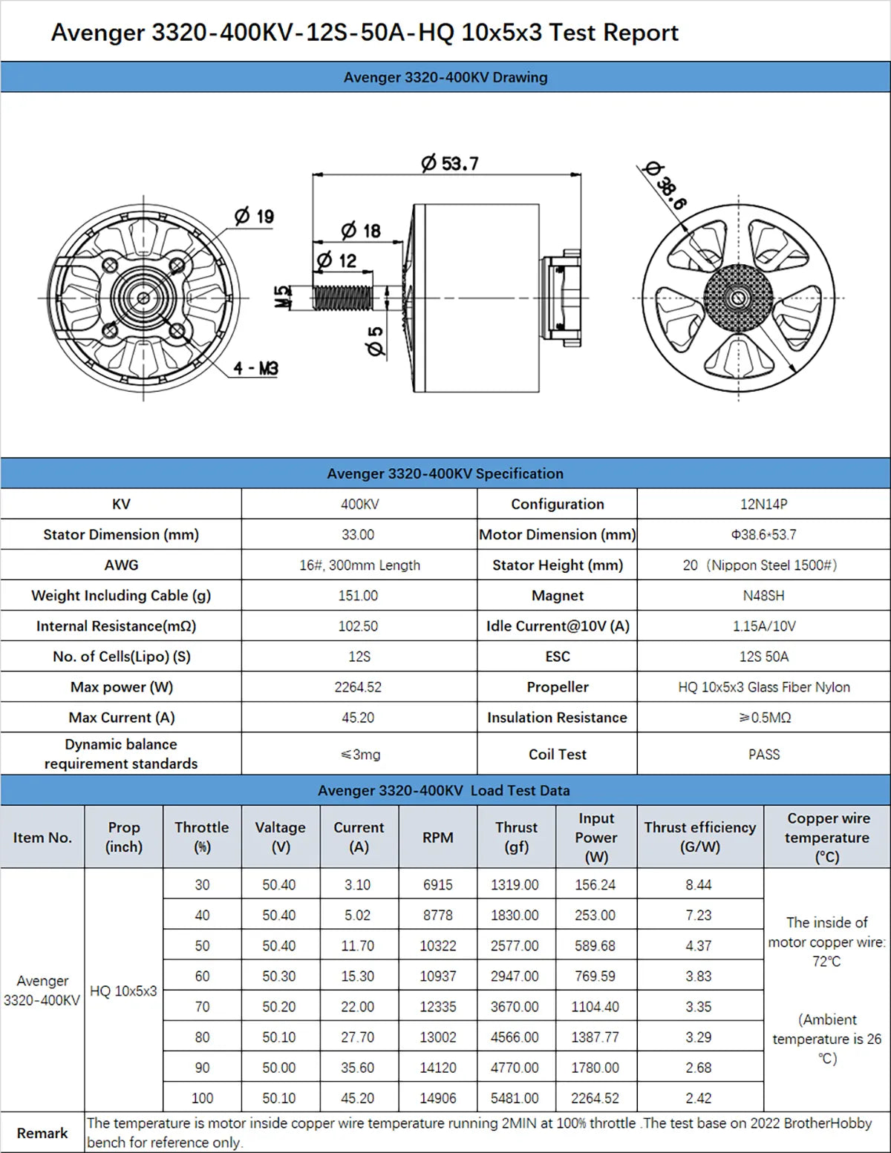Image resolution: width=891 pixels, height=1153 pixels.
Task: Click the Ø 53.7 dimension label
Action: tap(450, 163)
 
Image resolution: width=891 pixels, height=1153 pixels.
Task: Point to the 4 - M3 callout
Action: tap(255, 368)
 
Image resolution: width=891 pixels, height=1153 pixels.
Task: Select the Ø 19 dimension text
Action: tap(255, 217)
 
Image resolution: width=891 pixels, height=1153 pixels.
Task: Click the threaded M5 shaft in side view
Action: tap(342, 298)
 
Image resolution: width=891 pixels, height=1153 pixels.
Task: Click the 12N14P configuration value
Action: tap(763, 505)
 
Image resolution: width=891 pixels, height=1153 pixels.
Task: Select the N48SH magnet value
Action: tap(763, 596)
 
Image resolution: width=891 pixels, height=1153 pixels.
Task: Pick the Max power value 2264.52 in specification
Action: tap(358, 687)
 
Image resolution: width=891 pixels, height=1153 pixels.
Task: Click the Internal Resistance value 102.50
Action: tap(358, 626)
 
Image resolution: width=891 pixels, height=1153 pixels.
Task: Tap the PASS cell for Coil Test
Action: tap(763, 755)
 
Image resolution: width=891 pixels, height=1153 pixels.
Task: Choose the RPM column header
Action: tap(437, 838)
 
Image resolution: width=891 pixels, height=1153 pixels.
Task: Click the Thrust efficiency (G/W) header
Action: tap(699, 837)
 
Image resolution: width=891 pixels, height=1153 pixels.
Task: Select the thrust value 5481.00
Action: tap(515, 1098)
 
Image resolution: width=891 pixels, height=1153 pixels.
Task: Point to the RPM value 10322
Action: tap(437, 946)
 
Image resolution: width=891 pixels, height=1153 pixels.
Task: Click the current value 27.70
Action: tap(358, 1037)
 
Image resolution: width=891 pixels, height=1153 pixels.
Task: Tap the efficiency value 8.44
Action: tap(699, 885)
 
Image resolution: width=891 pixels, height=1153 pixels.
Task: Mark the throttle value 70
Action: tap(202, 1007)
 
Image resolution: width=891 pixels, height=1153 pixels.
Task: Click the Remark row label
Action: tap(42, 1133)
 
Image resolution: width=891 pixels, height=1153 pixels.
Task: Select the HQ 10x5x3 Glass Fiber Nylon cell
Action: tap(763, 687)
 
